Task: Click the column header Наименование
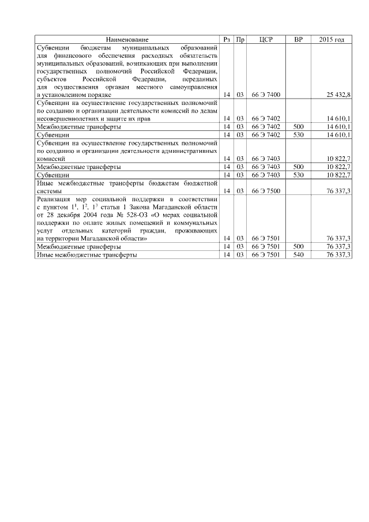pos(127,39)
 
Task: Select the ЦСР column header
pos(266,39)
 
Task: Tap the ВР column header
pos(298,39)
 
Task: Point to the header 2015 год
pos(332,39)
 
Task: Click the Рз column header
pos(227,39)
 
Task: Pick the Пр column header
pos(240,39)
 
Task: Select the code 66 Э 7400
pos(266,94)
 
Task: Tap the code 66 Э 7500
pos(266,191)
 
